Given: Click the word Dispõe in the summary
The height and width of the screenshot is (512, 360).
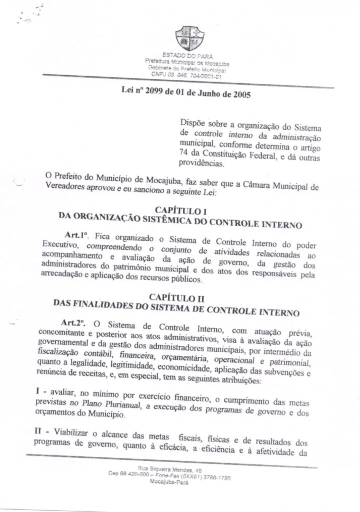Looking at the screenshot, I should click(x=195, y=122).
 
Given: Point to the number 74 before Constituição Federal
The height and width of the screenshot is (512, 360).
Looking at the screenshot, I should click(x=184, y=153).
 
